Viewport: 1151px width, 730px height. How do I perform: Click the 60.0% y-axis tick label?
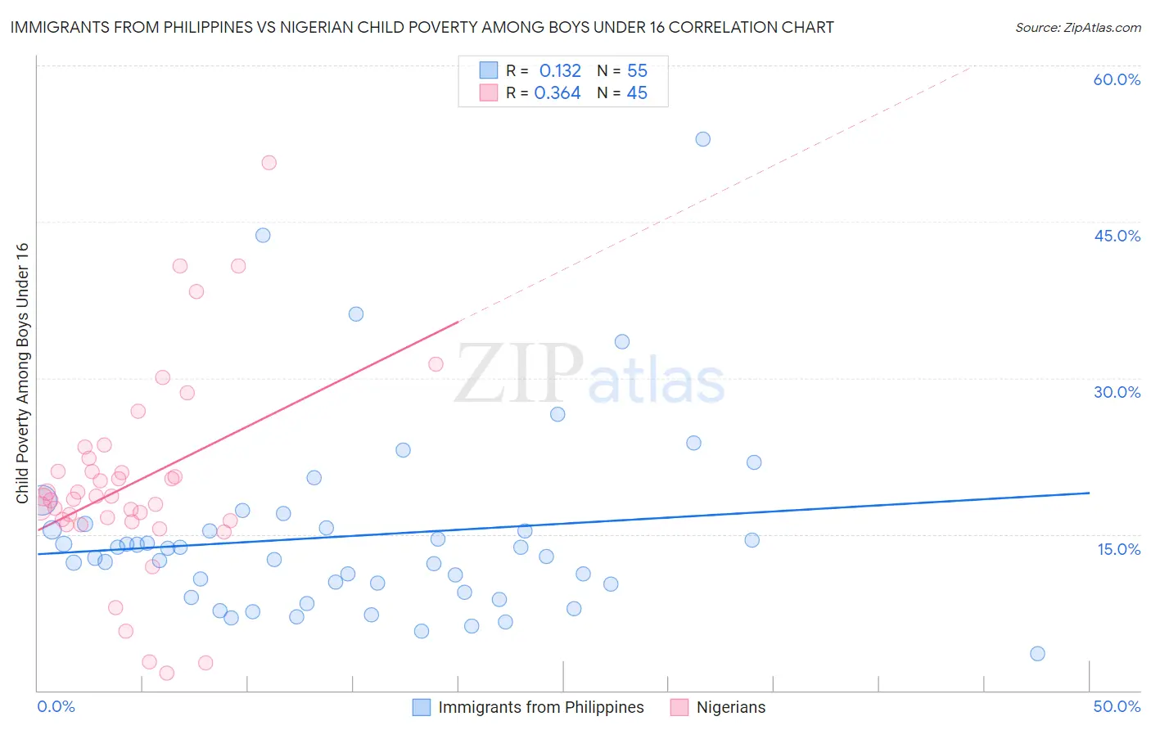(x=1117, y=79)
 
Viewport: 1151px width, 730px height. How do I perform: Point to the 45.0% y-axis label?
(x=1117, y=236)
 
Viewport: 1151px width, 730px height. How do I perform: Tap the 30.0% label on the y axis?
(x=1117, y=392)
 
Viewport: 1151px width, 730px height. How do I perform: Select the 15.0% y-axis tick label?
(x=1118, y=549)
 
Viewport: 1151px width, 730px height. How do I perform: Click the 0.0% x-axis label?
(x=56, y=706)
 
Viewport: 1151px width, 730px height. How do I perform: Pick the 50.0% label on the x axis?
(x=1117, y=706)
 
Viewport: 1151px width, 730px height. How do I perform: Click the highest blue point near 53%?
(x=702, y=139)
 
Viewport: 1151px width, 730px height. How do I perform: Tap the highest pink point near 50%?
(x=269, y=163)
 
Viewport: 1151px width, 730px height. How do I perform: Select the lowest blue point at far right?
(x=1037, y=653)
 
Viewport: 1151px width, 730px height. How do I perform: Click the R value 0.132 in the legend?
(x=560, y=71)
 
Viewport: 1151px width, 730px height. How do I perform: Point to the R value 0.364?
(x=557, y=93)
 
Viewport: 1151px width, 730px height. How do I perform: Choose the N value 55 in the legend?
(x=637, y=71)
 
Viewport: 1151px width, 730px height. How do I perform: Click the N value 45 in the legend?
(x=637, y=93)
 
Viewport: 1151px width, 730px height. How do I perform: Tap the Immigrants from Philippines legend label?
(x=540, y=707)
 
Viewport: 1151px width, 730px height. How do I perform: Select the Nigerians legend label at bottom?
(x=730, y=707)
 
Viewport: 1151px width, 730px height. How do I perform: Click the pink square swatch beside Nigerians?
(x=679, y=707)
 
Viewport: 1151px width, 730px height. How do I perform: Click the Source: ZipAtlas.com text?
(x=1077, y=28)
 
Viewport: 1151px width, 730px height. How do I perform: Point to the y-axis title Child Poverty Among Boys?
(x=22, y=372)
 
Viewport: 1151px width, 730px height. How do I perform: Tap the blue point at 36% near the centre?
(x=355, y=314)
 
